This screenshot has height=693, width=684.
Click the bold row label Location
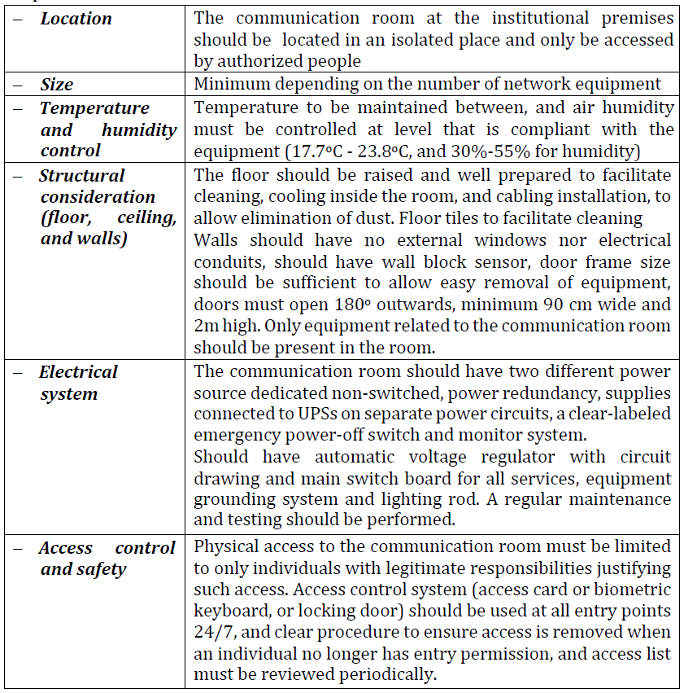coord(76,18)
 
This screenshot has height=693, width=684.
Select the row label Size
coord(57,85)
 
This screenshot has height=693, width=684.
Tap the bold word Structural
coord(82,176)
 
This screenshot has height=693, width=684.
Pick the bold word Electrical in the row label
coord(79,372)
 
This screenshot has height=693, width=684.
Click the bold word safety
coord(102,569)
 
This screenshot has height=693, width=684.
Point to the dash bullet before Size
coord(17,85)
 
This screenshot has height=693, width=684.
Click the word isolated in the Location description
coord(403,39)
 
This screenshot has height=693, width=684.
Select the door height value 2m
coord(205,327)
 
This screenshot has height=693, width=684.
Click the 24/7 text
coord(211,632)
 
